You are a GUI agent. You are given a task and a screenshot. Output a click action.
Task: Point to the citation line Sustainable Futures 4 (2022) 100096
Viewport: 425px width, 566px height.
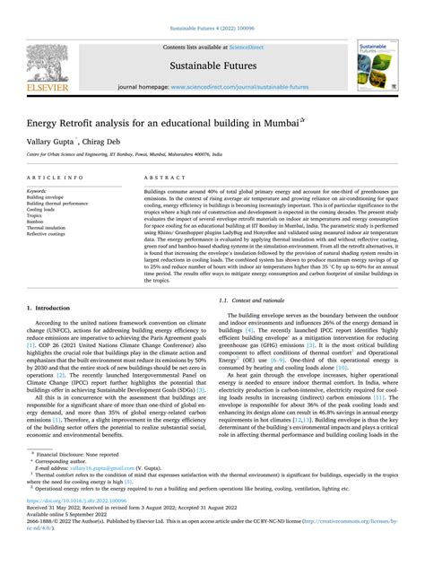click(212, 8)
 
